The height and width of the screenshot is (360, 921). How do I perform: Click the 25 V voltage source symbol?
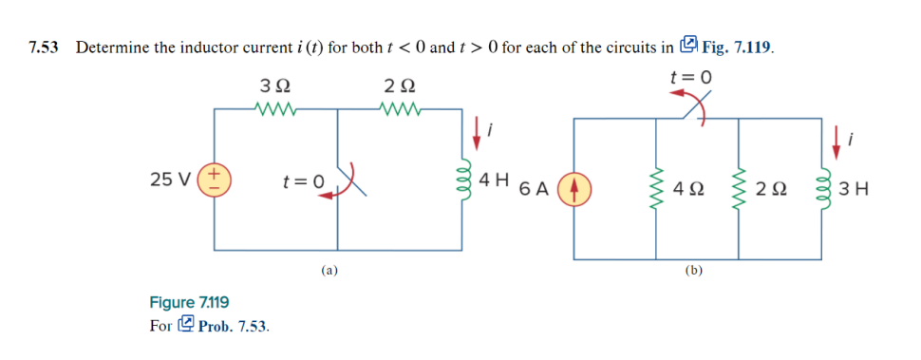coord(214,179)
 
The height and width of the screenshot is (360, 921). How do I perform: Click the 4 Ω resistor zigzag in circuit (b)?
coord(655,187)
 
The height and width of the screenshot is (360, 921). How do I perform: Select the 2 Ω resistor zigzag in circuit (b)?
coord(739,187)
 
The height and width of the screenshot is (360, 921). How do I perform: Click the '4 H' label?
coord(495,179)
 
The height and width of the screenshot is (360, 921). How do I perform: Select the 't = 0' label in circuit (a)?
coord(305,180)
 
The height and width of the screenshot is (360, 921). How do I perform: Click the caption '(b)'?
coord(694,271)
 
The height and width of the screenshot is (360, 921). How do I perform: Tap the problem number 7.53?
coord(45,47)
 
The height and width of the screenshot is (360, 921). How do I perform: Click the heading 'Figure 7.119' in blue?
coord(189,303)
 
